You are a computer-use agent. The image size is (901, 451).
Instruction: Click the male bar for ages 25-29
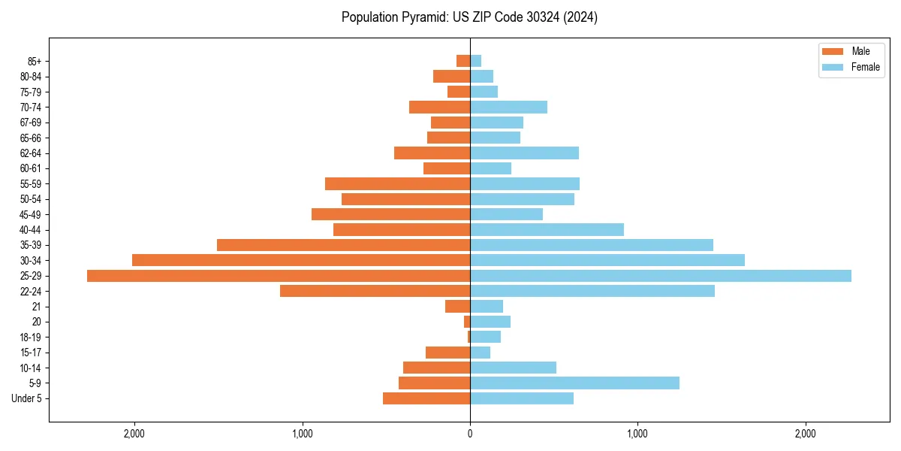[x=278, y=276]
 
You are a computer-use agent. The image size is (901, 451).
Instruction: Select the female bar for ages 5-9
[x=574, y=383]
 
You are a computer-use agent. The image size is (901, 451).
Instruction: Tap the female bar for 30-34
[x=607, y=260]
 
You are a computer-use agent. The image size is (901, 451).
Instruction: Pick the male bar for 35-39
[x=343, y=245]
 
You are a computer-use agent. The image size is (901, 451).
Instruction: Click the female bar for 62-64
[x=524, y=153]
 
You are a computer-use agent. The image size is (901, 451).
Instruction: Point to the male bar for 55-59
[x=397, y=184]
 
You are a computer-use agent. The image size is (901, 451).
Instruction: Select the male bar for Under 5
[x=426, y=398]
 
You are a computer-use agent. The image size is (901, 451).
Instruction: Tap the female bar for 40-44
[x=547, y=230]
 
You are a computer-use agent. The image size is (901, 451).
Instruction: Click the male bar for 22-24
[x=375, y=291]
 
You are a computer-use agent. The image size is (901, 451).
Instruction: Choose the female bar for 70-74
[x=508, y=107]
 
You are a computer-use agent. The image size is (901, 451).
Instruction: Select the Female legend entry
[x=851, y=67]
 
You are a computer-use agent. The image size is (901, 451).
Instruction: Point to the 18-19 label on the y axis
[x=30, y=337]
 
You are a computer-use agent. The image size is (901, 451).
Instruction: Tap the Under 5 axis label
[x=26, y=398]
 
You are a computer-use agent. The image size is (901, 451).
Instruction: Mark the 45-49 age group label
[x=30, y=215]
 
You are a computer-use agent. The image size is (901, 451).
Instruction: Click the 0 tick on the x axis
[x=470, y=433]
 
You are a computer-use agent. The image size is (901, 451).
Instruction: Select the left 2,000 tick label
[x=134, y=433]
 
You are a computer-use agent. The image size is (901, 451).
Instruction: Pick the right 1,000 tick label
[x=637, y=433]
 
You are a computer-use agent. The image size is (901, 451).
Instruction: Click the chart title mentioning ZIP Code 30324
[x=469, y=17]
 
